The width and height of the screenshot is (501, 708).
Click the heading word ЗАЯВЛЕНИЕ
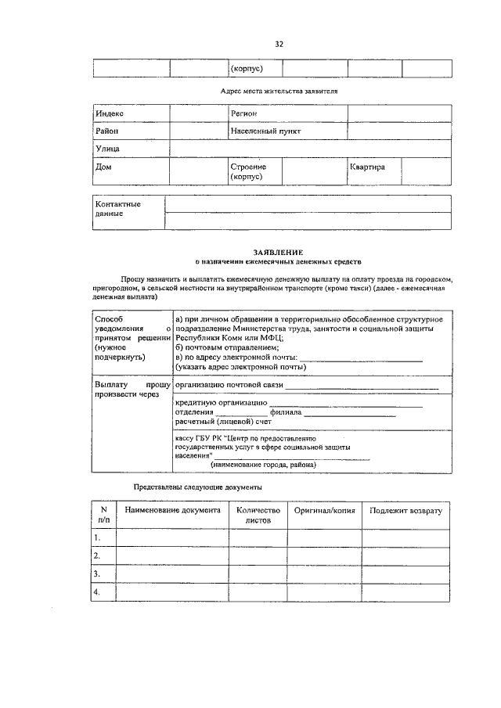click(x=272, y=252)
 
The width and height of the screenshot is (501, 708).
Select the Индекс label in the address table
click(x=110, y=114)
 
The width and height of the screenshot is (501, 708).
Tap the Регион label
click(x=244, y=114)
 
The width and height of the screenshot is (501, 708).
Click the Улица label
click(x=108, y=149)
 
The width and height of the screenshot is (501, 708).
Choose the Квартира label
click(x=367, y=167)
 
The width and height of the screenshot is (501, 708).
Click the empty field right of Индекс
click(x=198, y=114)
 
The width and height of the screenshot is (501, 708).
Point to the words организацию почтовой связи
click(x=229, y=386)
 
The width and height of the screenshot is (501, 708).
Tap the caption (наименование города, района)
click(x=262, y=465)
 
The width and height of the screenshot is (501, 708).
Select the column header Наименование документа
click(x=172, y=510)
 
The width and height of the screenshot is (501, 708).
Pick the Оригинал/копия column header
click(x=324, y=510)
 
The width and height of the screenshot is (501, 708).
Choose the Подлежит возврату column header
click(x=405, y=510)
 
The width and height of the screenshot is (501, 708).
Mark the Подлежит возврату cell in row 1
click(x=405, y=538)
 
